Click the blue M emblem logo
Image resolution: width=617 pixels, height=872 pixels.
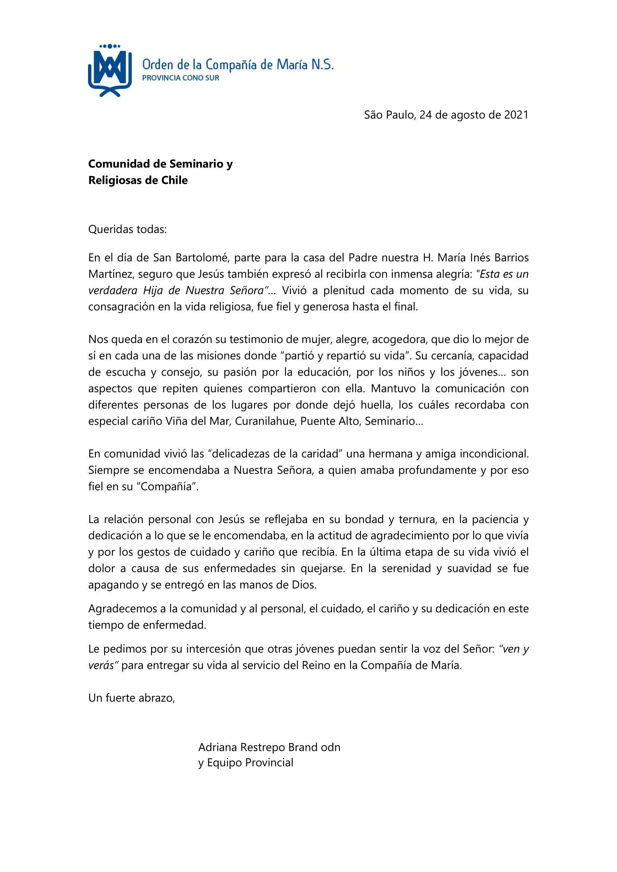(x=110, y=72)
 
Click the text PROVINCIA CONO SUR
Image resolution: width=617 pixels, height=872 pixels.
(x=181, y=78)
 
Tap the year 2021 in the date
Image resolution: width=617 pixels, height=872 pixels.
(x=516, y=115)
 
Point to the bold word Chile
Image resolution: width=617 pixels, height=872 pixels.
(x=174, y=180)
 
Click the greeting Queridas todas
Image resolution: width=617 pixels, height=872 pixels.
(x=127, y=229)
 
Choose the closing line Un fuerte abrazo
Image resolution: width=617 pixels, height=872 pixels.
(x=131, y=698)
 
